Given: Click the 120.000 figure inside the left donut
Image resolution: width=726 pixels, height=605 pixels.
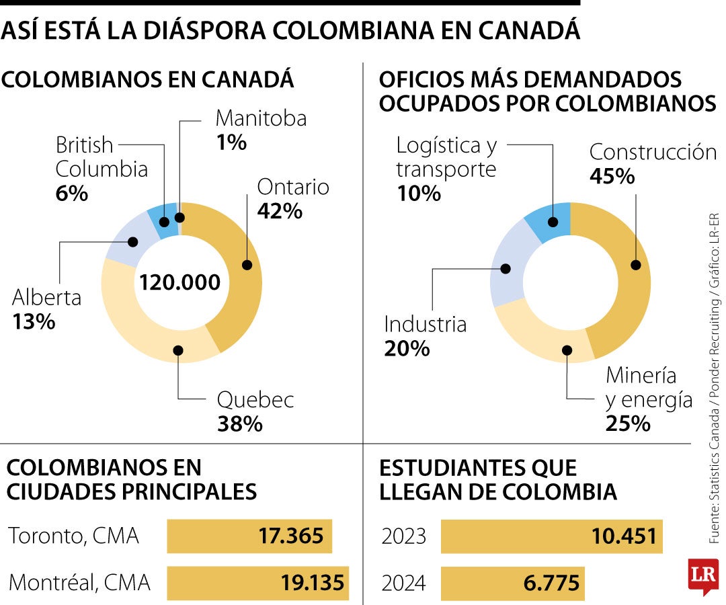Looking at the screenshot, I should coord(179,282).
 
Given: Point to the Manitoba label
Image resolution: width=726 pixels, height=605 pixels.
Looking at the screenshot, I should coord(261,118).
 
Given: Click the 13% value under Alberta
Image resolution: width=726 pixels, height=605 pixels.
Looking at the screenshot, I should coord(34,321).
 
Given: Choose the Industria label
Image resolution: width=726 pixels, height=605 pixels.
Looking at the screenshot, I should coord(425,325).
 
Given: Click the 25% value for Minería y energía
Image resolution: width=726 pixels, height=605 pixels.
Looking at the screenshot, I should coord(628,424).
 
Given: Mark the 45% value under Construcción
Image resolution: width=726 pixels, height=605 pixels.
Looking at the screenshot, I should coord(612,176).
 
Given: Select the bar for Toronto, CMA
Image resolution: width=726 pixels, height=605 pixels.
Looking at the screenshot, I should coord(249,536).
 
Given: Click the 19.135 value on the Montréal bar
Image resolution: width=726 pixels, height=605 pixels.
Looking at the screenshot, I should coord(313,582).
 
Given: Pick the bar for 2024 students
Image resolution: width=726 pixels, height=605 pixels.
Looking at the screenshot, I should coord(512,582).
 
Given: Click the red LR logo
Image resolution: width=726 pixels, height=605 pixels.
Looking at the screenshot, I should coord(703,575).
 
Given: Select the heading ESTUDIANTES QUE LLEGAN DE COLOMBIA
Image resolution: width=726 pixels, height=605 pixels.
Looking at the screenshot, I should coord(497,479).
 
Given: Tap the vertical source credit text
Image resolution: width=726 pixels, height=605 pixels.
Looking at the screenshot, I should coord(715,376).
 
